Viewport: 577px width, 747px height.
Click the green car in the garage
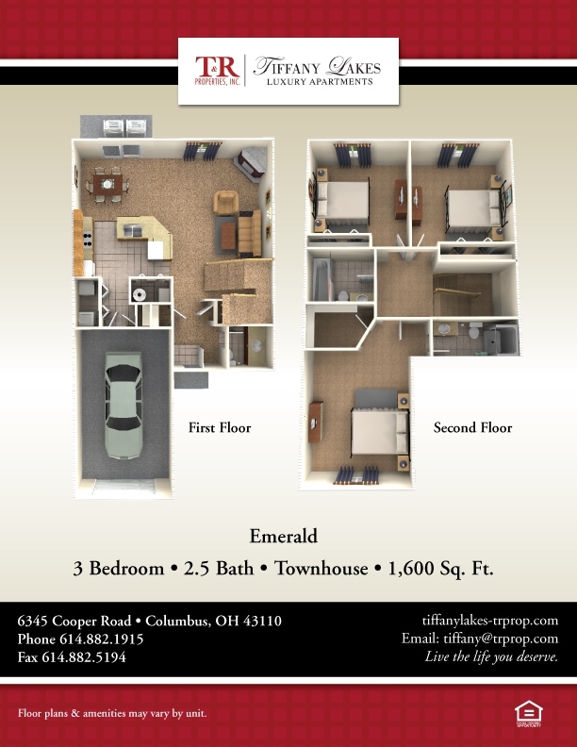pyautogui.click(x=124, y=406)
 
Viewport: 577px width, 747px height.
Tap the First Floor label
pyautogui.click(x=220, y=428)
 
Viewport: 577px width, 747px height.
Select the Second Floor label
pyautogui.click(x=472, y=428)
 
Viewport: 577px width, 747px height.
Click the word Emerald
pyautogui.click(x=284, y=537)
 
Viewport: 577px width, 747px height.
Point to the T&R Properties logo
pyautogui.click(x=217, y=71)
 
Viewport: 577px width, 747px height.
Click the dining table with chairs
pyautogui.click(x=107, y=184)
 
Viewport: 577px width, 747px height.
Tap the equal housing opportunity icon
pyautogui.click(x=528, y=714)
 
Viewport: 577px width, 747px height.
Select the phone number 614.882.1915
pyautogui.click(x=102, y=639)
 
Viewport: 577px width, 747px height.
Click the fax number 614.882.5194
pyautogui.click(x=84, y=657)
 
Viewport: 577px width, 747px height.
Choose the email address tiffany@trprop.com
pyautogui.click(x=501, y=639)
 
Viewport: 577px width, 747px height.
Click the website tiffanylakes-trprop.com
pyautogui.click(x=490, y=621)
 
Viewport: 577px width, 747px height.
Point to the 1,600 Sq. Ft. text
pyautogui.click(x=441, y=569)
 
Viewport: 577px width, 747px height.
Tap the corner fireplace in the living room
pyautogui.click(x=250, y=163)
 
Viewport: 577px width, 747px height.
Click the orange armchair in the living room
pyautogui.click(x=225, y=203)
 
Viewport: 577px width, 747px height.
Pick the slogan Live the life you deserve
pyautogui.click(x=492, y=657)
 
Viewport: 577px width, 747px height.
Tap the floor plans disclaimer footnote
pyautogui.click(x=112, y=713)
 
